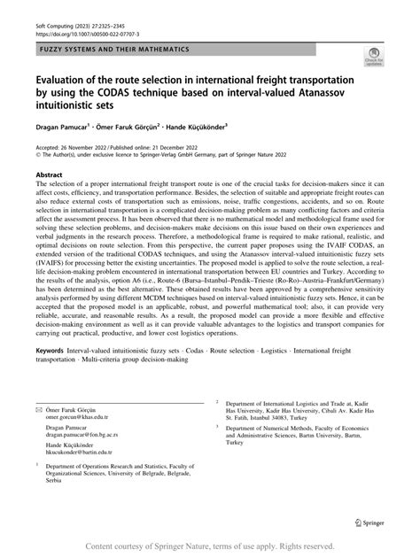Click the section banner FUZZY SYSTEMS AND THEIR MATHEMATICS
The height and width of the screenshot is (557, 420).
pyautogui.click(x=115, y=50)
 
